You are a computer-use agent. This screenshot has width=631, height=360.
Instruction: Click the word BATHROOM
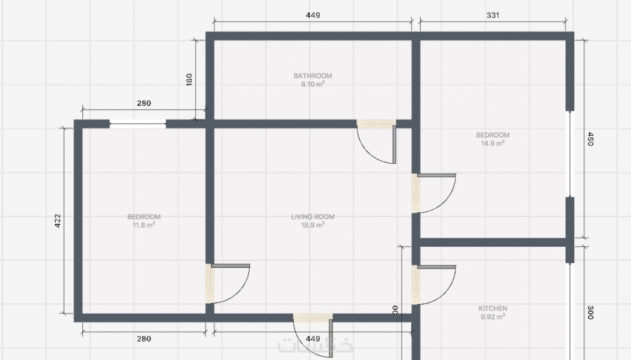pyautogui.click(x=313, y=76)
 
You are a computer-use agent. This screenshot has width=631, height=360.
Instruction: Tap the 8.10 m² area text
pyautogui.click(x=313, y=84)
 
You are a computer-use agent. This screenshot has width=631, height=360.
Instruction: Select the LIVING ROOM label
pyautogui.click(x=313, y=217)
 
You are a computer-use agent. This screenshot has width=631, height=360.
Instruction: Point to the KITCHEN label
pyautogui.click(x=493, y=308)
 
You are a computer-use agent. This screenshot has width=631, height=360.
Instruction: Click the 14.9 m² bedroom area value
pyautogui.click(x=493, y=143)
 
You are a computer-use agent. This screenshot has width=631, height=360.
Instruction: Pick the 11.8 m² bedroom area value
pyautogui.click(x=144, y=225)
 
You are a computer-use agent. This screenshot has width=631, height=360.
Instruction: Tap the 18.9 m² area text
pyautogui.click(x=313, y=225)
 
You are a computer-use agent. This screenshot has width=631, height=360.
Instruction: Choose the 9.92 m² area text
pyautogui.click(x=493, y=317)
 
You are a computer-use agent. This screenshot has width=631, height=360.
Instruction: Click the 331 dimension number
pyautogui.click(x=493, y=15)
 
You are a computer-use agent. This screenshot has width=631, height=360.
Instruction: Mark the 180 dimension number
pyautogui.click(x=189, y=80)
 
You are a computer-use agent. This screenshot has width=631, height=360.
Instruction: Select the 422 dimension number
pyautogui.click(x=58, y=221)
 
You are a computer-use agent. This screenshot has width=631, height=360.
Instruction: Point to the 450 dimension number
pyautogui.click(x=591, y=139)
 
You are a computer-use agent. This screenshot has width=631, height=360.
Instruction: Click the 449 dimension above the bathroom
pyautogui.click(x=313, y=15)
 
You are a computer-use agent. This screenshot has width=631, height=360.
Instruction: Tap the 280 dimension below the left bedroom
pyautogui.click(x=144, y=338)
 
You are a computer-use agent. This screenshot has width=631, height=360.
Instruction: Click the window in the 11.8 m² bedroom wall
pyautogui.click(x=138, y=124)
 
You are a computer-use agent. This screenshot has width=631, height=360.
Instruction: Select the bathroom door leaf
pyautogui.click(x=394, y=144)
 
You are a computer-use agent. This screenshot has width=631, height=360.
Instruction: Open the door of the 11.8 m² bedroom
pyautogui.click(x=231, y=266)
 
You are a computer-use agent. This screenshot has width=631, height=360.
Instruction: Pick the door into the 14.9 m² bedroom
pyautogui.click(x=437, y=175)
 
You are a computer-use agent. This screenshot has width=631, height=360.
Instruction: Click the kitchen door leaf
pyautogui.click(x=437, y=267)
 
